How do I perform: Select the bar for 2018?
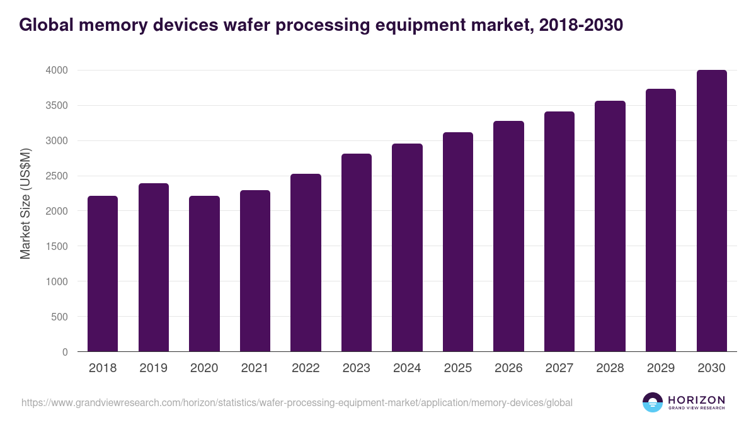(103, 274)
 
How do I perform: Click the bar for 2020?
(204, 274)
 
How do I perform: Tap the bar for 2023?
(357, 252)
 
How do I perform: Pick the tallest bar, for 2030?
(711, 211)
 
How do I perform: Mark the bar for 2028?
(610, 226)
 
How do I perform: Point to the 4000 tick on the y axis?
(56, 71)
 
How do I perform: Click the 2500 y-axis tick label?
(56, 176)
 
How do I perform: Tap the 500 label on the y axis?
(59, 317)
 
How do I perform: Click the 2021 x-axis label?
(255, 368)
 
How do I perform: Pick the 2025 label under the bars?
(458, 368)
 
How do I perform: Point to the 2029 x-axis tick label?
(661, 368)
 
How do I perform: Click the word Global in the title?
(44, 25)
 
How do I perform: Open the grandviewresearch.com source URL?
(297, 402)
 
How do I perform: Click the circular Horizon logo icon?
(653, 402)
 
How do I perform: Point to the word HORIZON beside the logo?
(696, 399)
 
